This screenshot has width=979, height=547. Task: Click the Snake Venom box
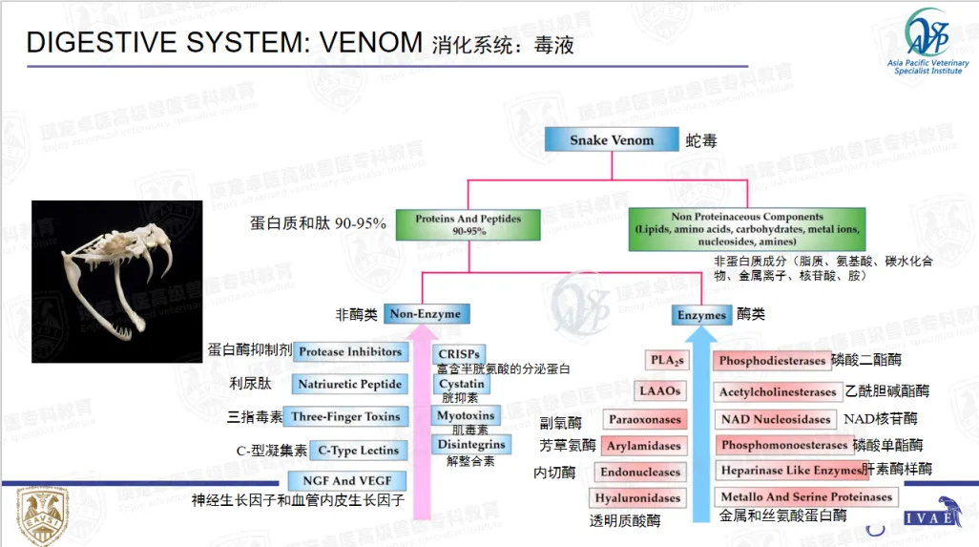click(x=612, y=140)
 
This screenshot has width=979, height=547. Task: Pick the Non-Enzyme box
click(x=425, y=314)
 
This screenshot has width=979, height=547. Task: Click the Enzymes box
click(x=701, y=315)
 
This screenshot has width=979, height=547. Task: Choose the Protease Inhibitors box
click(x=349, y=352)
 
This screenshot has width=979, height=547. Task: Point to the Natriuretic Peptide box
click(x=349, y=385)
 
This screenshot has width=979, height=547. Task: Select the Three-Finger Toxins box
click(x=346, y=417)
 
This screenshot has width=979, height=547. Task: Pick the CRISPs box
click(x=458, y=354)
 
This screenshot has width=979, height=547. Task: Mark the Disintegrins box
click(x=471, y=445)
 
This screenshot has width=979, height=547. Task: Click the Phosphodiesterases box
click(x=771, y=361)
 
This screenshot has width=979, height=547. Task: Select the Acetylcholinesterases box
click(x=777, y=392)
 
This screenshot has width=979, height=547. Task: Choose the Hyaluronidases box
click(x=637, y=498)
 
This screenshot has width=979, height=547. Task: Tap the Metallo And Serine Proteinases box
click(x=805, y=497)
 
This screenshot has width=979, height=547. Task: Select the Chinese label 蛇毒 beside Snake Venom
click(x=701, y=141)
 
